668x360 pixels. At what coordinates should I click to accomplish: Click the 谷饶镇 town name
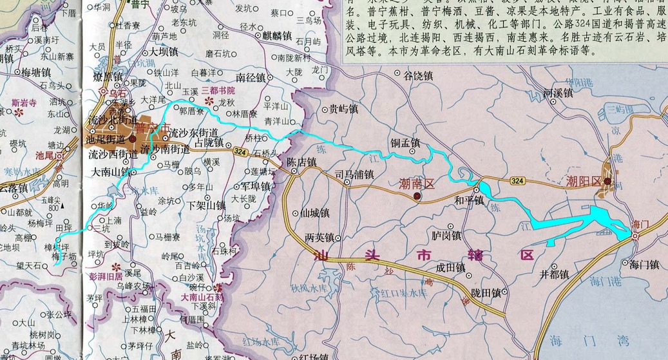418,76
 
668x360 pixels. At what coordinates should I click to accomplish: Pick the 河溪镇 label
558,93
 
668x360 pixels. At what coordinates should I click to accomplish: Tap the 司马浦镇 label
355,174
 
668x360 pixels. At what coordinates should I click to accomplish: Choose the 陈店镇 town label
302,162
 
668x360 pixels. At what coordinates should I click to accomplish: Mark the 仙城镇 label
316,213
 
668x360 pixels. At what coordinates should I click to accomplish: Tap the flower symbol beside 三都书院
207,102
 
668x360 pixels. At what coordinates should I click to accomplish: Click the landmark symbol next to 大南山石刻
219,288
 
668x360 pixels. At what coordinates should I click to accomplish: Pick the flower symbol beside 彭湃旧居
116,267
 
